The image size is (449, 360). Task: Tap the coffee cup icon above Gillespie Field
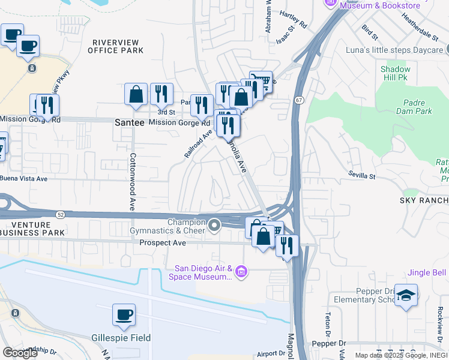point(124,314)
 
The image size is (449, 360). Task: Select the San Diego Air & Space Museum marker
point(241,272)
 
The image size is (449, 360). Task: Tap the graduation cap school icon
point(406,295)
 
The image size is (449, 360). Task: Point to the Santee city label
point(129,122)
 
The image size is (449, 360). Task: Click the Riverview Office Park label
point(116,46)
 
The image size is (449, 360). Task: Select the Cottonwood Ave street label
point(131,181)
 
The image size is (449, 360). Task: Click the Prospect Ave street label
point(163,243)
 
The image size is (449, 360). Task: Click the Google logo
point(20,353)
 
